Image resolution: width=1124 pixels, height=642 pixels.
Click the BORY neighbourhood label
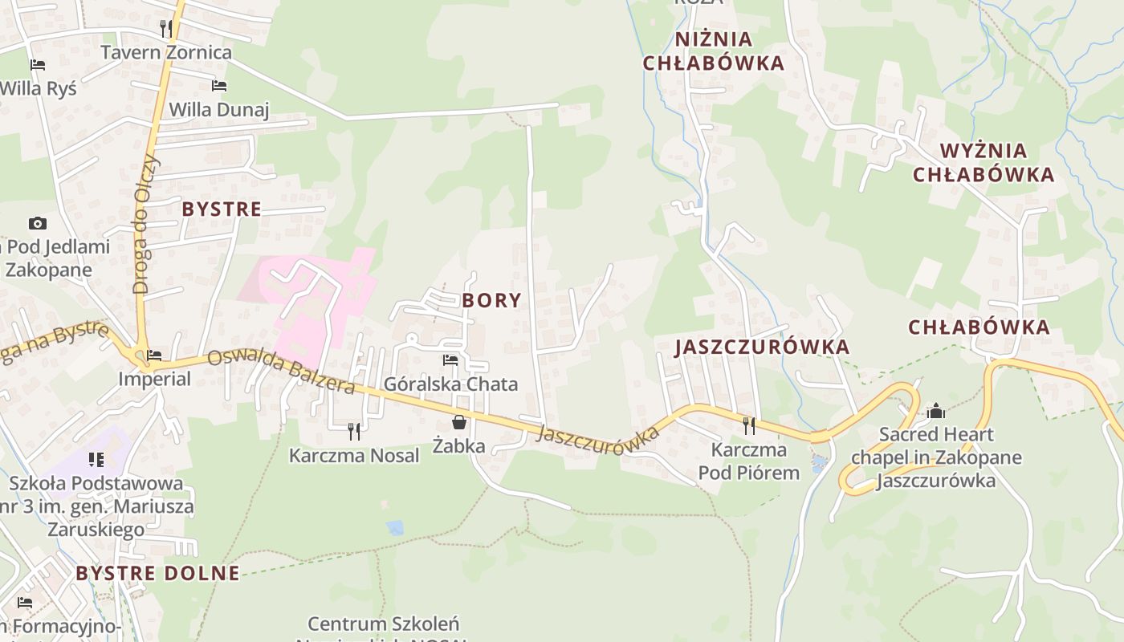[x=492, y=301]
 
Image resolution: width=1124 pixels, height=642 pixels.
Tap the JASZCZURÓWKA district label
[x=762, y=347]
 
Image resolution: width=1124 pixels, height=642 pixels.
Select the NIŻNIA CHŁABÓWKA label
[x=713, y=51]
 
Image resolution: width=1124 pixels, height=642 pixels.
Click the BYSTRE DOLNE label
[x=158, y=573]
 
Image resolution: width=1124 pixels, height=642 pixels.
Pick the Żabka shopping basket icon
[x=458, y=422]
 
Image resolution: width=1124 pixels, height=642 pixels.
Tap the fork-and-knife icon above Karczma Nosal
[x=354, y=432]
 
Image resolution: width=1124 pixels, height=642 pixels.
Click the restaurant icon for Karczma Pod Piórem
[x=749, y=425]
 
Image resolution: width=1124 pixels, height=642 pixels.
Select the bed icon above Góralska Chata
[x=450, y=360]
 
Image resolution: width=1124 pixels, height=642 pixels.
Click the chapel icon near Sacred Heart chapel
[x=936, y=412]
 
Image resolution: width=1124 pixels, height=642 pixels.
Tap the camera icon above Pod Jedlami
[x=37, y=223]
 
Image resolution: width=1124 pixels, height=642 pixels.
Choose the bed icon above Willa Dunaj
[x=218, y=86]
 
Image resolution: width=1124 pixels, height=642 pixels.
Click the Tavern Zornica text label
[x=166, y=53]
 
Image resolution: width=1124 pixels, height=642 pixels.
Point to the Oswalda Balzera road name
[x=281, y=372]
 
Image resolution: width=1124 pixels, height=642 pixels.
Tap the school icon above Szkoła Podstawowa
[x=96, y=460]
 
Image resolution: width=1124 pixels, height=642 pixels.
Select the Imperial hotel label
[x=155, y=378]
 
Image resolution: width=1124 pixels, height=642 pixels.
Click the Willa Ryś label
[x=39, y=88]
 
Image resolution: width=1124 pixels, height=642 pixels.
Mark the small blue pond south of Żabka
[x=394, y=527]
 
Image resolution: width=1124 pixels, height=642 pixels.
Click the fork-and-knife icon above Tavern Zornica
[x=166, y=28]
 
